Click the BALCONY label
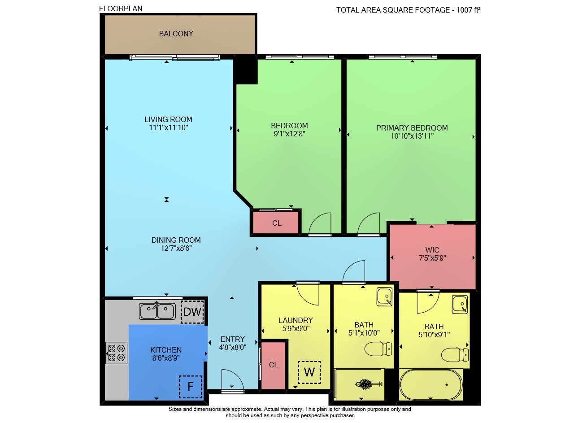click(x=176, y=34)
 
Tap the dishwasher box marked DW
click(x=192, y=312)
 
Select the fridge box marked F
click(x=191, y=387)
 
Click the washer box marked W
click(x=309, y=372)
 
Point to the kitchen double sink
click(x=157, y=311)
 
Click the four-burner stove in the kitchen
click(x=116, y=353)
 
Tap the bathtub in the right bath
click(x=431, y=384)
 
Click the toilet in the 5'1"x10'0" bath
click(x=378, y=349)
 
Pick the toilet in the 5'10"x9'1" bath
click(x=455, y=354)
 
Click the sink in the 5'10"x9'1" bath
click(x=460, y=305)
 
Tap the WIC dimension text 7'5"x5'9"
click(x=432, y=258)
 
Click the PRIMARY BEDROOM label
click(x=412, y=128)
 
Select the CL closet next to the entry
click(x=273, y=366)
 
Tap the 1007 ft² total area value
click(x=469, y=10)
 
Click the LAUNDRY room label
click(x=296, y=320)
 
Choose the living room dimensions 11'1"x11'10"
click(x=169, y=127)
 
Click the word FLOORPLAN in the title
click(x=121, y=9)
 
